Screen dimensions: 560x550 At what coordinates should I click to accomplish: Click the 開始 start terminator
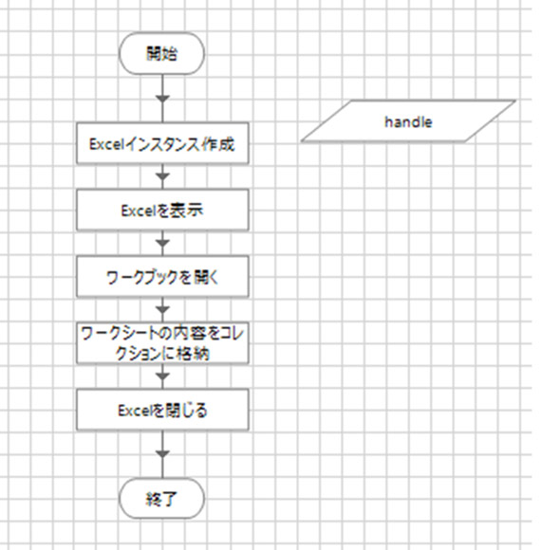161,53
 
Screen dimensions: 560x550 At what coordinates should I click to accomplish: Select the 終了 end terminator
161,499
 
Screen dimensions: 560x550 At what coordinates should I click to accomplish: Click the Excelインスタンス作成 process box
162,143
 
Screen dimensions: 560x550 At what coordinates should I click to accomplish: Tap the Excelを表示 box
162,211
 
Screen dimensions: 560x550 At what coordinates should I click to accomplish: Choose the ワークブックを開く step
162,277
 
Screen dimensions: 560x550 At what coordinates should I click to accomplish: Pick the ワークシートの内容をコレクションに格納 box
162,343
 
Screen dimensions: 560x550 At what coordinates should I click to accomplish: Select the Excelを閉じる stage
162,410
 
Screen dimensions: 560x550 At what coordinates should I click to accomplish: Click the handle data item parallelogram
408,121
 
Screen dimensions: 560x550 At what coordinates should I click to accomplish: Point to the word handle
408,122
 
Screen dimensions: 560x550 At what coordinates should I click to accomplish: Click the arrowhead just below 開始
162,99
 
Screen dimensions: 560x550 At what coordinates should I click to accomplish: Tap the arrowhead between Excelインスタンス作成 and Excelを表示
162,176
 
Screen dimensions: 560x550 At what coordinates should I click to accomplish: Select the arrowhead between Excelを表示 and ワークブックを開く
162,243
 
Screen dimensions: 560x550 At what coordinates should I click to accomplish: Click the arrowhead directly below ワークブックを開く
162,310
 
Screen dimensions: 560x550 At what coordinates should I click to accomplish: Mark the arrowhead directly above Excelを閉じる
162,376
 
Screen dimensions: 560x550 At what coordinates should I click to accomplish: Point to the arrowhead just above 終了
162,454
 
